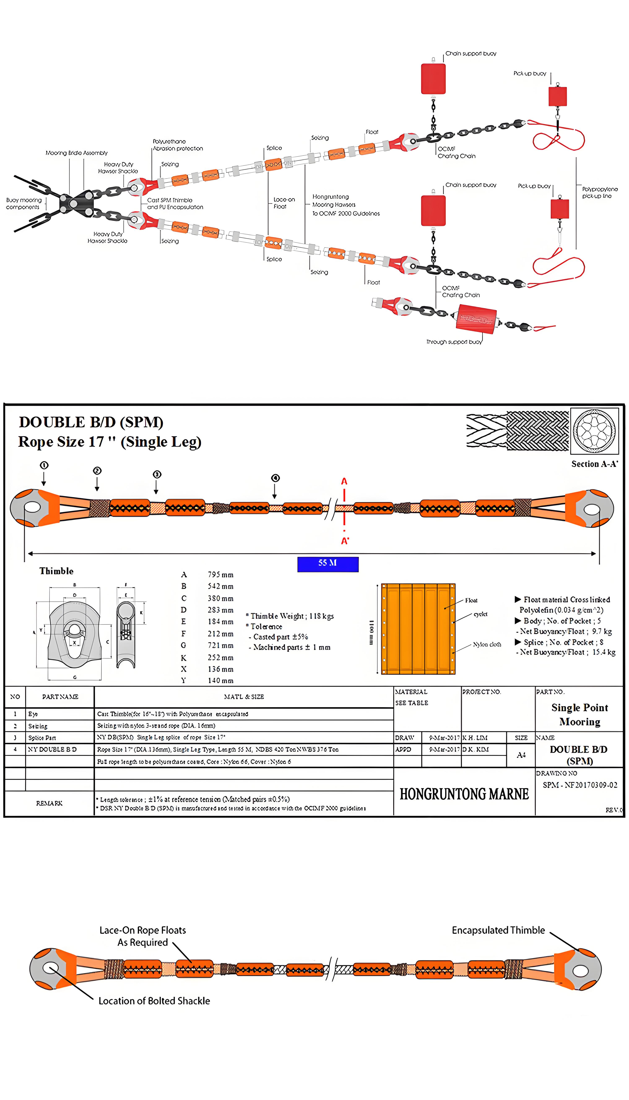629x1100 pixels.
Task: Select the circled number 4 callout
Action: [x=275, y=478]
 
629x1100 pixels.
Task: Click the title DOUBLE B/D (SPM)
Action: [x=91, y=422]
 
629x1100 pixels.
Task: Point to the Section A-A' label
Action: [x=594, y=464]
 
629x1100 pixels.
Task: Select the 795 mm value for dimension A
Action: [x=220, y=575]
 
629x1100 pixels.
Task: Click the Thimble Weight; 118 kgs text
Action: [x=292, y=616]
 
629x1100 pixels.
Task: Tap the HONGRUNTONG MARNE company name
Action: [x=464, y=794]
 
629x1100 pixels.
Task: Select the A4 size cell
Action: [x=521, y=755]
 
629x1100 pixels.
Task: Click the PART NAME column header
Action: [x=60, y=697]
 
